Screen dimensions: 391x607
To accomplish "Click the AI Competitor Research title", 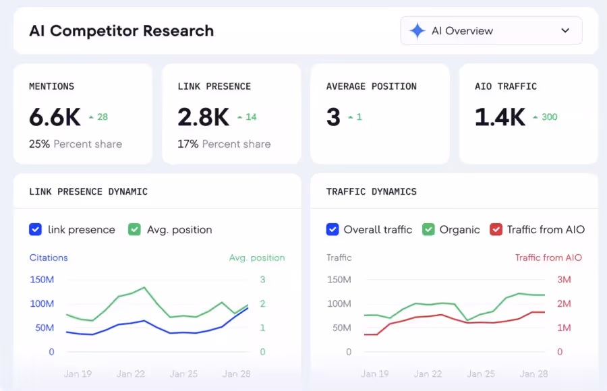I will (121, 31).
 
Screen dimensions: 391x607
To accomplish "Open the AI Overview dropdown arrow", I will (565, 31).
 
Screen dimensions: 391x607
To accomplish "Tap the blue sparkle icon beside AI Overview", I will (417, 31).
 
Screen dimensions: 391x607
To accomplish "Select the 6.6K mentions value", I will (55, 117).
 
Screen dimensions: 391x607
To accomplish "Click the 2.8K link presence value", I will (203, 117).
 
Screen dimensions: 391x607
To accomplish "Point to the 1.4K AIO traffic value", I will (500, 117).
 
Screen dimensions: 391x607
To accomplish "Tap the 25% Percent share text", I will (76, 144).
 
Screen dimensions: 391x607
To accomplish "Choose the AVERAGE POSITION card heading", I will (371, 86).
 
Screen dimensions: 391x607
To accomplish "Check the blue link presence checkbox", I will (36, 230).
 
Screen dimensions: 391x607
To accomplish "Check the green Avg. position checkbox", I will (134, 230).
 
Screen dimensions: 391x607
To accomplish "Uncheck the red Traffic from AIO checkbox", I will (496, 230).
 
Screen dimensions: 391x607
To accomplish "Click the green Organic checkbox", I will (428, 230).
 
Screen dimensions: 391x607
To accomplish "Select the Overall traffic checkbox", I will (333, 230).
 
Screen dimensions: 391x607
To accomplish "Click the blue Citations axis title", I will (49, 258).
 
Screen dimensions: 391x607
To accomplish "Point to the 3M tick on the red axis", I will (564, 280).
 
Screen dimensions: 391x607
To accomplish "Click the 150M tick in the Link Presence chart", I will (42, 280).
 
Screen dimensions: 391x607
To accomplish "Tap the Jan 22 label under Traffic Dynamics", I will (428, 373).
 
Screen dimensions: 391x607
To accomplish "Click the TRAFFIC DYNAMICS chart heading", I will (371, 191).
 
